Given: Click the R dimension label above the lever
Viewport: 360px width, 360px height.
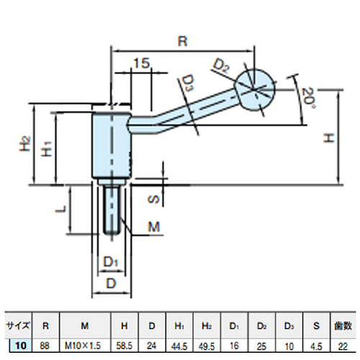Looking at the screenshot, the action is click(x=182, y=41).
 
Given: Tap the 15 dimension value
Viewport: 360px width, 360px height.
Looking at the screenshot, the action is click(x=142, y=63).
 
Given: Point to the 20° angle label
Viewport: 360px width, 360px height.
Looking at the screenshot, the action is click(x=308, y=98).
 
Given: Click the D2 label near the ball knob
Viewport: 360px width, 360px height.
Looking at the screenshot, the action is click(x=222, y=66).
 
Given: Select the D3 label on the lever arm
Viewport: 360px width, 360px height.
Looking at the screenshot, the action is click(x=187, y=83).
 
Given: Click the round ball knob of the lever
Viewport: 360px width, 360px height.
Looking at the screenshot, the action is click(x=254, y=90).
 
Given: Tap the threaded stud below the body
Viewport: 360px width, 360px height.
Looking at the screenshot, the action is click(x=112, y=211).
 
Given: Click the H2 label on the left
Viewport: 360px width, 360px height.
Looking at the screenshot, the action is click(x=25, y=144).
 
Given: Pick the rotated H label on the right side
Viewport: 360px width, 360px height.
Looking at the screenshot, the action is click(x=328, y=138).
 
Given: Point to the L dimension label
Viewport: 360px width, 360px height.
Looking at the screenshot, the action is click(x=60, y=209).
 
